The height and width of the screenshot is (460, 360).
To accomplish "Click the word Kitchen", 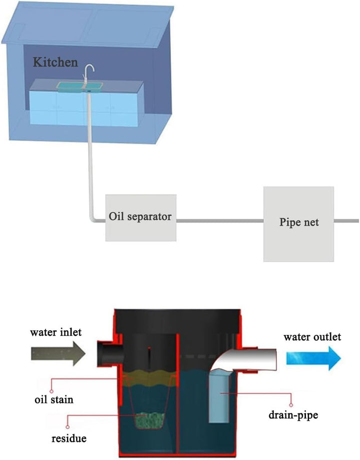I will point(55,63).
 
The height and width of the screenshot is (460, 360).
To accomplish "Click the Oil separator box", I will point(140,217).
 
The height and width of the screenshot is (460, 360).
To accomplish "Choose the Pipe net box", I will point(298,223).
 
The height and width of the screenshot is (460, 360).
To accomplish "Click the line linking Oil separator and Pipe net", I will point(220,220).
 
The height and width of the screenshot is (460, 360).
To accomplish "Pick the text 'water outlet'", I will point(312,337).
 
